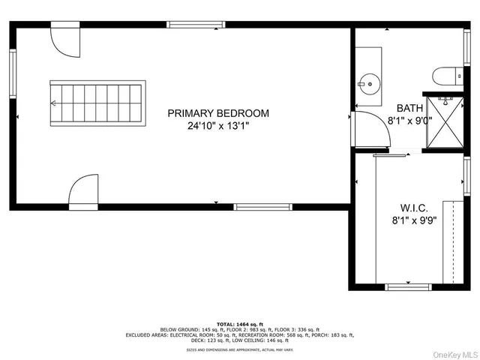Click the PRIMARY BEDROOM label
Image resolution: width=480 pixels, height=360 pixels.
pyautogui.click(x=218, y=113)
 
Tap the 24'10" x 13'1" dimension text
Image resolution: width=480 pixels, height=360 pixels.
pyautogui.click(x=218, y=127)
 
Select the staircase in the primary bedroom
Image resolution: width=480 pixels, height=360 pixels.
pyautogui.click(x=95, y=103)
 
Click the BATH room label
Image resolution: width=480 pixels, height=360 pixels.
pyautogui.click(x=409, y=108)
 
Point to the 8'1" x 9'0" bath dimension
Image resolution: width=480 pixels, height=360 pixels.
pyautogui.click(x=409, y=121)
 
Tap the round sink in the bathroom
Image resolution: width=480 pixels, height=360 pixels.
pyautogui.click(x=369, y=82)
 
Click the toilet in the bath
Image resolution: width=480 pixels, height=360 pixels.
pyautogui.click(x=443, y=76)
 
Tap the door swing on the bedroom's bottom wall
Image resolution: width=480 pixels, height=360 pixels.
pyautogui.click(x=83, y=192)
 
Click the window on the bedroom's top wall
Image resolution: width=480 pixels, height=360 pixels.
pyautogui.click(x=196, y=25)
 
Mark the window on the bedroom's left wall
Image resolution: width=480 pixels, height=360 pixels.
pyautogui.click(x=13, y=74)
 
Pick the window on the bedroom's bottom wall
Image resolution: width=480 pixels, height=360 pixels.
pyautogui.click(x=262, y=207)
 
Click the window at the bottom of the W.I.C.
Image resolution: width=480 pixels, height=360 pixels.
pyautogui.click(x=407, y=286)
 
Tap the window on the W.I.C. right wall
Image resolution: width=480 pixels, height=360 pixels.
pyautogui.click(x=467, y=178)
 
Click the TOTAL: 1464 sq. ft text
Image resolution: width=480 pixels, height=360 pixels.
pyautogui.click(x=240, y=321)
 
